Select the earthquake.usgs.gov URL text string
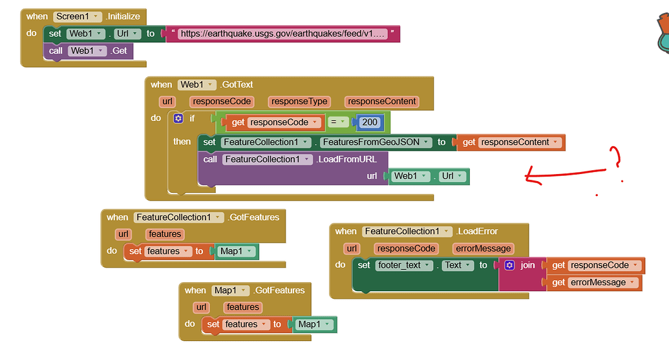point(283,34)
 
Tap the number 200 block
point(370,122)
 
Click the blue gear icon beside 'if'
point(178,118)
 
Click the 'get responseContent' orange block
point(511,142)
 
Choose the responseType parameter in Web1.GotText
point(299,102)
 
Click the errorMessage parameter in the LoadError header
point(483,248)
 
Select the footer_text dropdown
point(405,265)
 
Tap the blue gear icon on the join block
point(509,265)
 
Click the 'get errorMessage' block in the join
point(594,283)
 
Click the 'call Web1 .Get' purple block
point(89,50)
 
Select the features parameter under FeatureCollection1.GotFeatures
point(164,234)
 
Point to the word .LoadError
point(477,232)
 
